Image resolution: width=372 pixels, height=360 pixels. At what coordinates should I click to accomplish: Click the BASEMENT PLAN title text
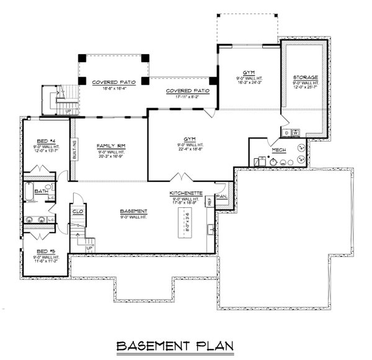[187, 345]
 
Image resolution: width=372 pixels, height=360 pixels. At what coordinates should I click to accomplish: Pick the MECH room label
[277, 150]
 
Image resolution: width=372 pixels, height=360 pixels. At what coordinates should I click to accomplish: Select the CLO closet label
[78, 212]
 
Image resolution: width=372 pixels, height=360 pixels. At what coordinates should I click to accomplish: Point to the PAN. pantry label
[221, 197]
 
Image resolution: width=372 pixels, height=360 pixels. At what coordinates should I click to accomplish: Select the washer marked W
[296, 132]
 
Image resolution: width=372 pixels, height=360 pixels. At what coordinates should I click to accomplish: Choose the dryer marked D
[286, 132]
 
